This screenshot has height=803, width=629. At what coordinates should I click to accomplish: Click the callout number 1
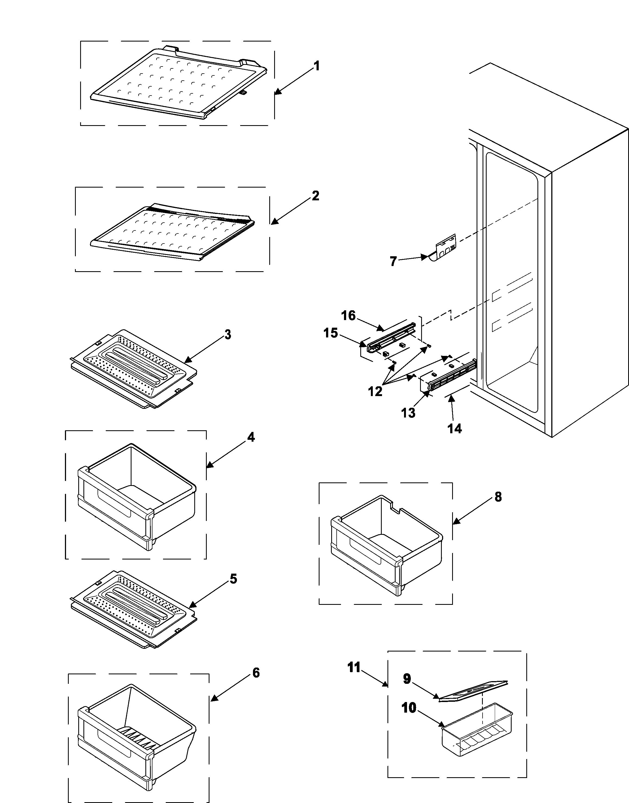pyautogui.click(x=316, y=66)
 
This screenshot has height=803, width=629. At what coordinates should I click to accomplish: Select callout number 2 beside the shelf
pyautogui.click(x=315, y=196)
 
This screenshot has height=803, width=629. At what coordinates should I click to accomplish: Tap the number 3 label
pyautogui.click(x=228, y=335)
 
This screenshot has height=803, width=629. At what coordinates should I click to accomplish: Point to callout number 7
pyautogui.click(x=393, y=261)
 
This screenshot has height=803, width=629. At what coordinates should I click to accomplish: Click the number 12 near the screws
pyautogui.click(x=375, y=392)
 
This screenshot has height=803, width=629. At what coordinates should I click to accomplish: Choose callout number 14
pyautogui.click(x=455, y=429)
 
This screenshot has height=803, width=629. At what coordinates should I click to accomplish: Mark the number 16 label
pyautogui.click(x=348, y=316)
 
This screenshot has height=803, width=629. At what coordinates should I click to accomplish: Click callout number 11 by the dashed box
pyautogui.click(x=354, y=667)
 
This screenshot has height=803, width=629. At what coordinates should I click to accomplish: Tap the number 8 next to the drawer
pyautogui.click(x=498, y=497)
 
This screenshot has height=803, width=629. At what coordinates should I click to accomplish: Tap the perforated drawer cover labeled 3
pyautogui.click(x=133, y=368)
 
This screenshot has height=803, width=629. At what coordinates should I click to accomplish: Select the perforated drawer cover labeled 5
pyautogui.click(x=133, y=609)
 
